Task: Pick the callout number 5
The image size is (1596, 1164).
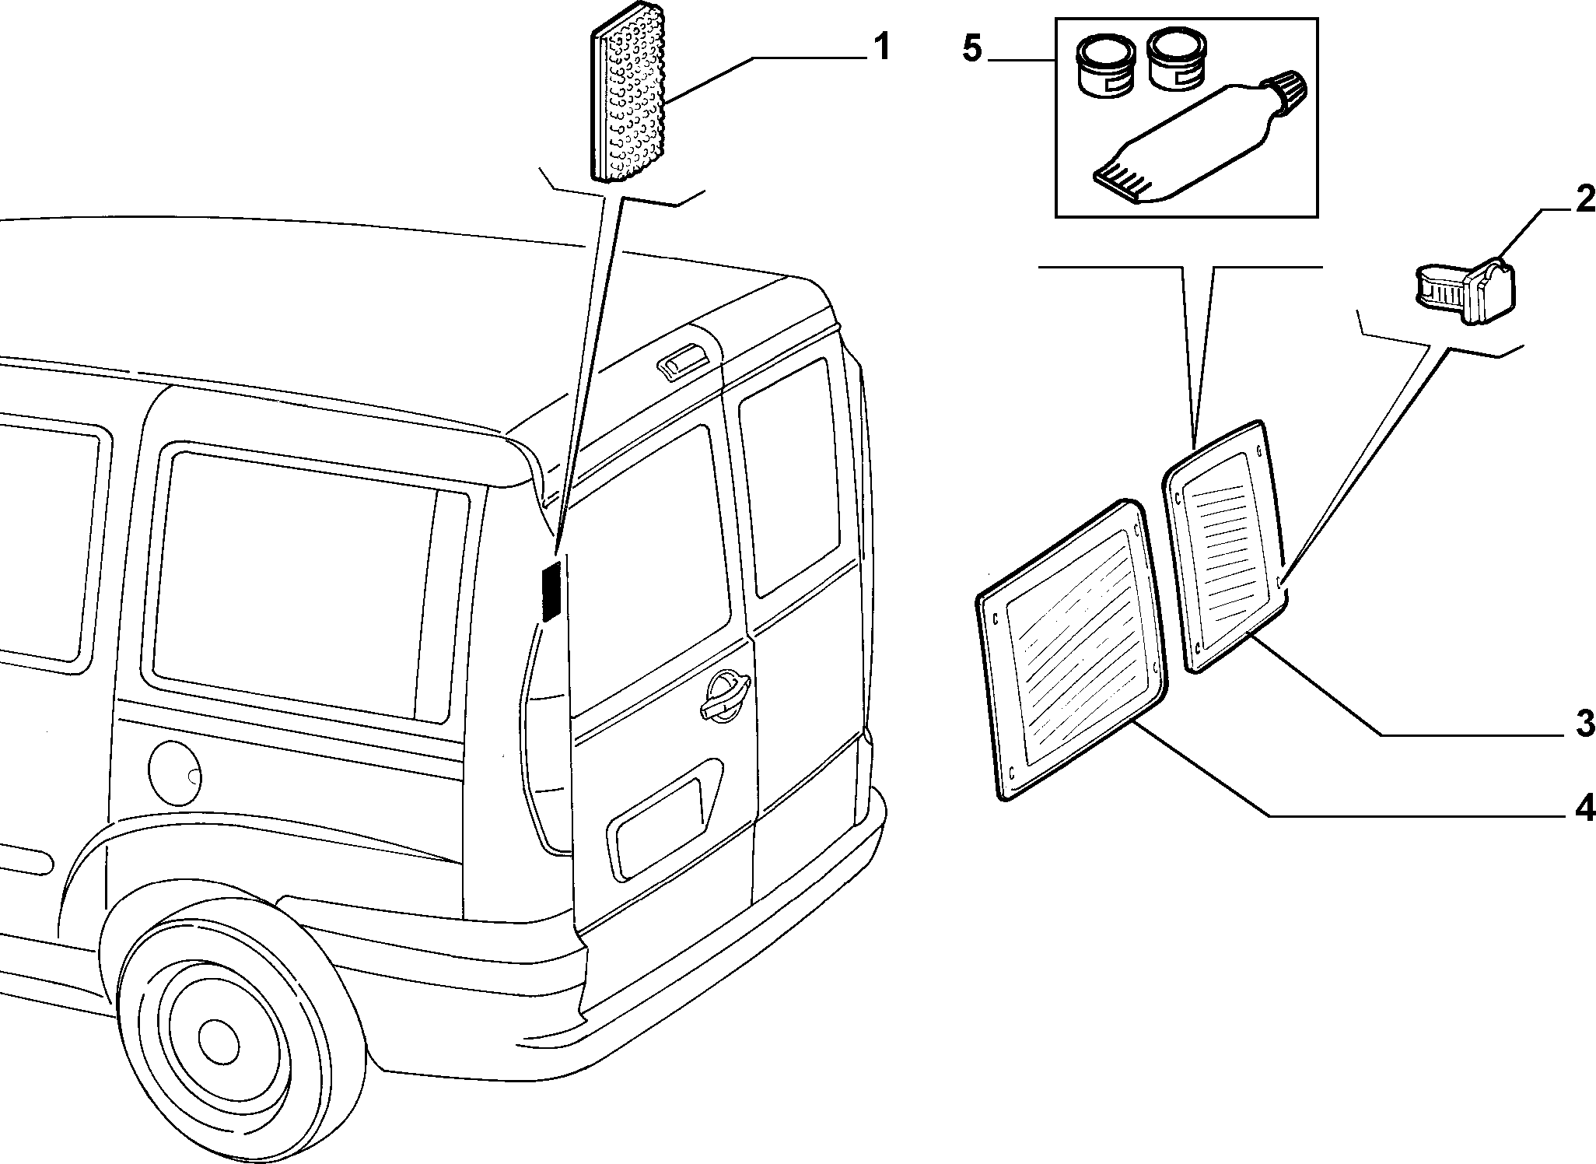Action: click(973, 49)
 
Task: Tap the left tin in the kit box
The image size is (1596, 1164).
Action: click(1104, 68)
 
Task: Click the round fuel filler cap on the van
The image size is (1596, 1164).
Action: click(174, 773)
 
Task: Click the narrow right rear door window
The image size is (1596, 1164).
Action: click(790, 477)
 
